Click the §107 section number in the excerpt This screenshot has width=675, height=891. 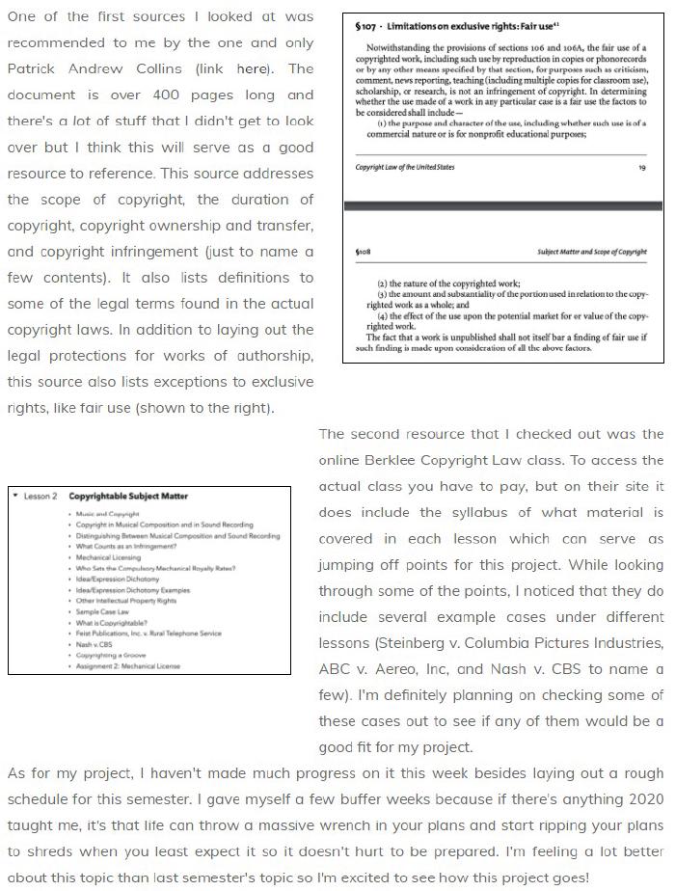tap(364, 26)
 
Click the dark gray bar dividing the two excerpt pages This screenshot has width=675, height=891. tap(502, 206)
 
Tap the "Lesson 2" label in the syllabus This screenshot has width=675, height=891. tap(41, 497)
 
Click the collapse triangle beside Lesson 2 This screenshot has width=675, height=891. tap(16, 497)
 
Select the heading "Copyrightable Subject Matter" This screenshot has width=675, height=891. tap(128, 497)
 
